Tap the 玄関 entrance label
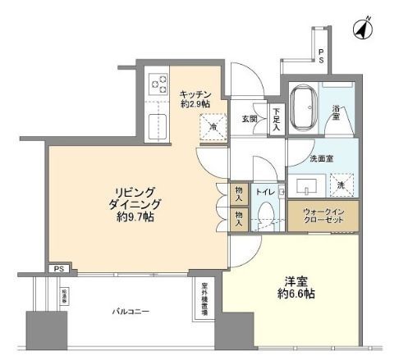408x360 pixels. [250, 119]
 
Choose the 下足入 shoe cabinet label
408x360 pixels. [276, 121]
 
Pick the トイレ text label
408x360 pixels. [265, 192]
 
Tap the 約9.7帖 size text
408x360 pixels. [135, 217]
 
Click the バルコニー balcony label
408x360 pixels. [131, 312]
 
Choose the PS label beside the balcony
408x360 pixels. [57, 268]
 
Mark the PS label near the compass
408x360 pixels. [320, 56]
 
